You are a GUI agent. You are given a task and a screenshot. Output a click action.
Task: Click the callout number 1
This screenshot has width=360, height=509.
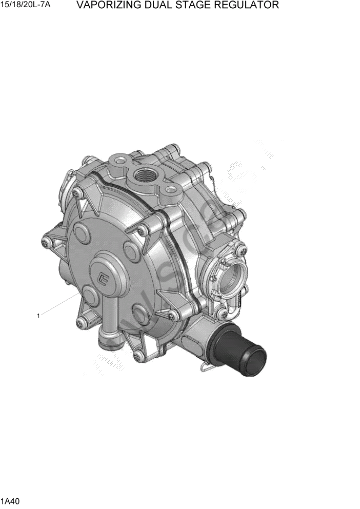(x=38, y=316)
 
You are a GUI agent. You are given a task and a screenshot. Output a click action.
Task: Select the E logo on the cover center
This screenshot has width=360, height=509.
(x=105, y=279)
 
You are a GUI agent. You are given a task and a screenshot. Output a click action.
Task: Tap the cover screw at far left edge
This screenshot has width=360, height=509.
(x=47, y=243)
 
